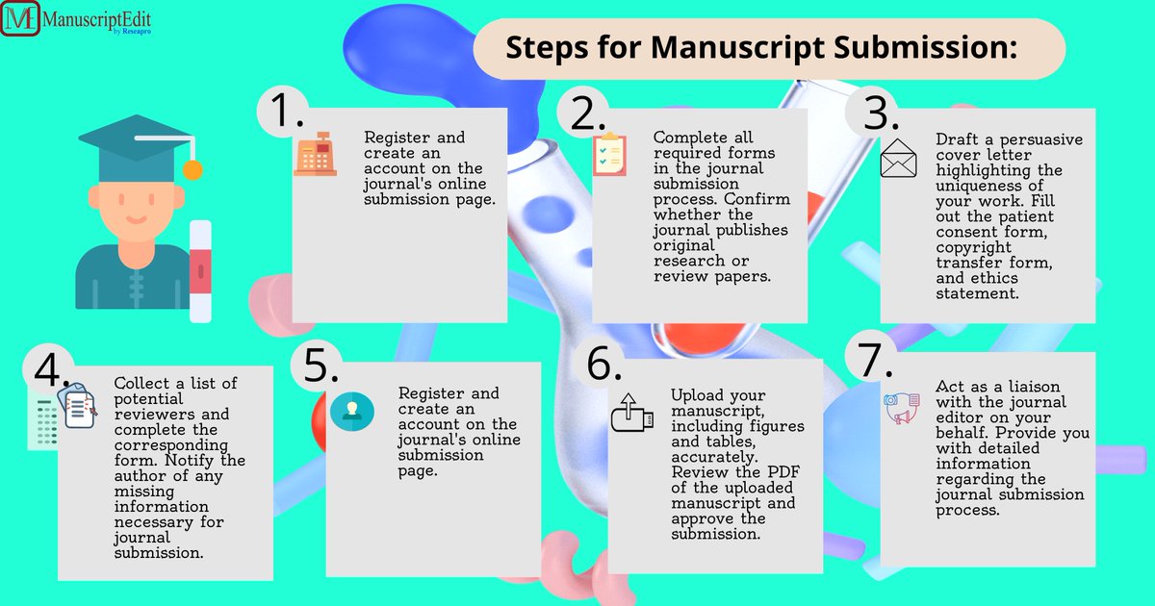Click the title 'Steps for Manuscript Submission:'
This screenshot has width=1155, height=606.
click(761, 47)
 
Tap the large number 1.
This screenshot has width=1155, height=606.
click(285, 112)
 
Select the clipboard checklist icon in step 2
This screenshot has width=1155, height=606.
click(608, 155)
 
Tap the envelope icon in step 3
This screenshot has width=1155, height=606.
click(899, 159)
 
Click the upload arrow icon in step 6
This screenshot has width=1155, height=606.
click(627, 412)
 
